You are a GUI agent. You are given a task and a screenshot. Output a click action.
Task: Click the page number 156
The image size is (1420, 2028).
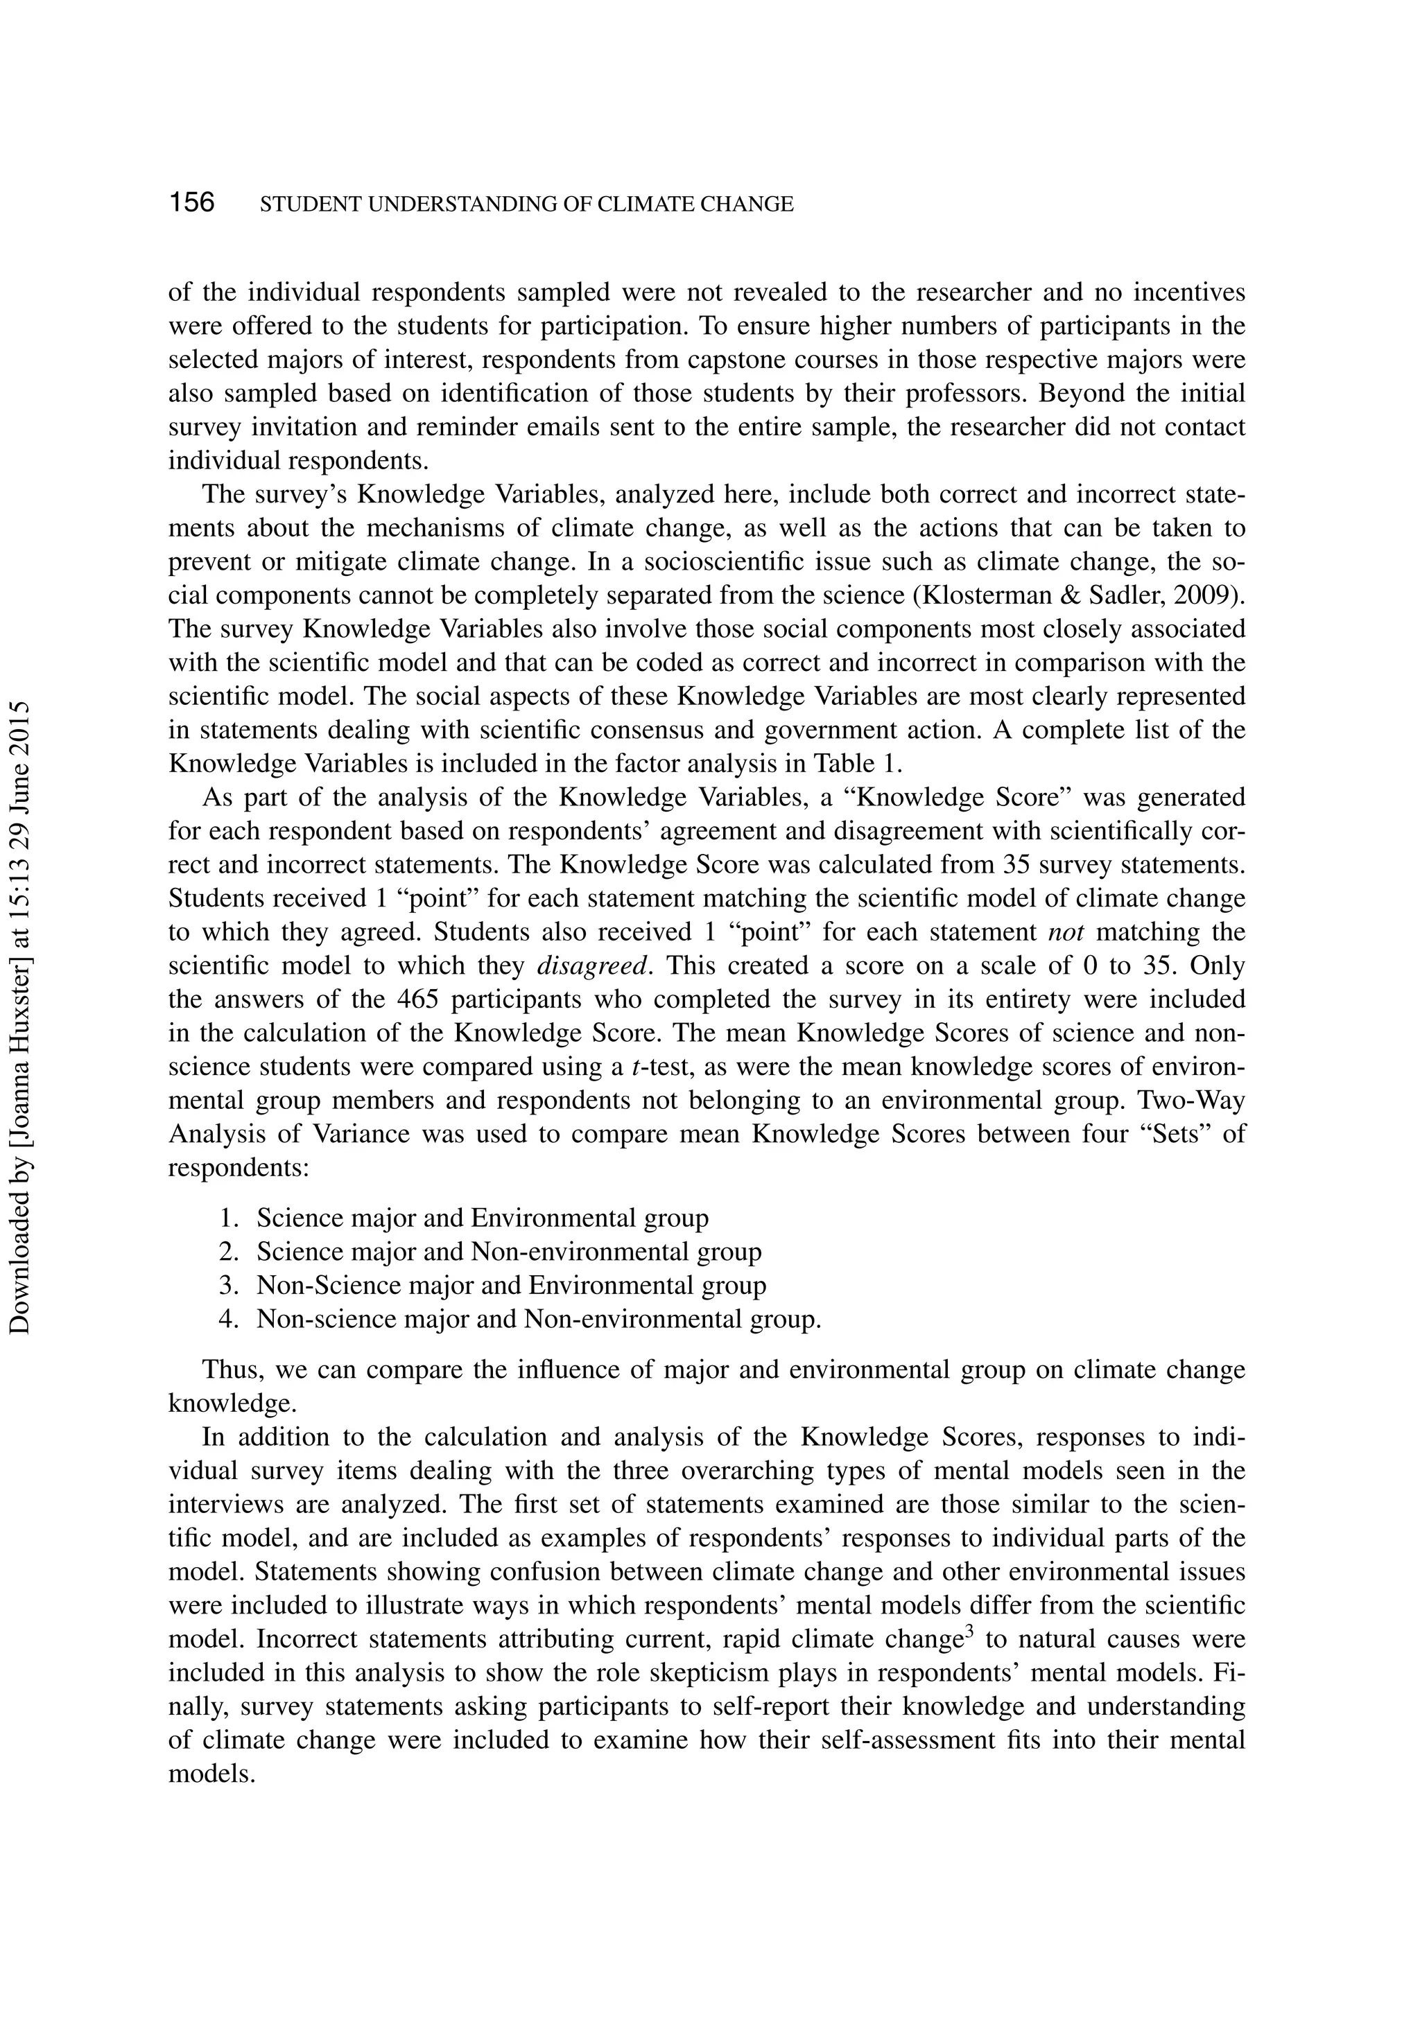[192, 202]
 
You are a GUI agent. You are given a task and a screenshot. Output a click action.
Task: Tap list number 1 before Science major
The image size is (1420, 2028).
[228, 1218]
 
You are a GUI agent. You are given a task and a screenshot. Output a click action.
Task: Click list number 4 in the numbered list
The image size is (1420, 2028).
[228, 1320]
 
